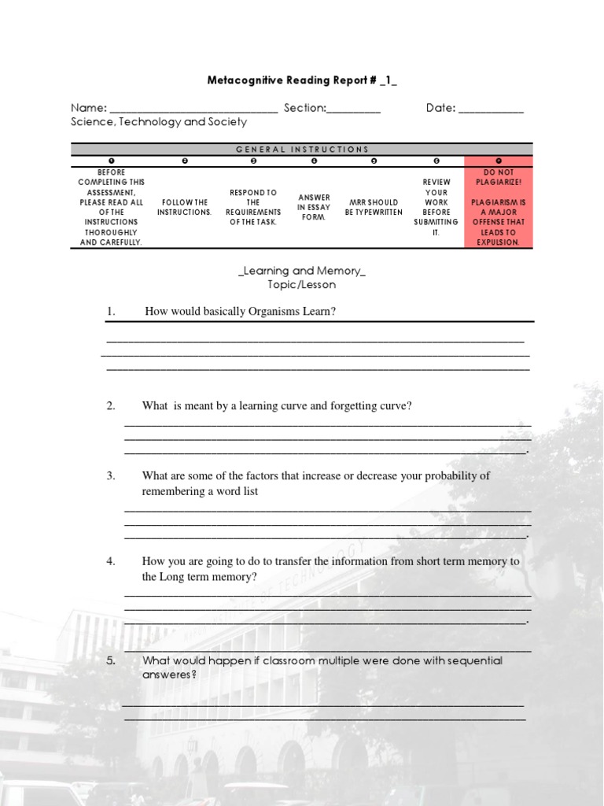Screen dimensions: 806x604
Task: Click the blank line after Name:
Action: point(193,109)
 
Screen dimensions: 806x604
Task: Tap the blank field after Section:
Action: point(353,109)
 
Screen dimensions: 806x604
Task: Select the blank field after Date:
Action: point(491,109)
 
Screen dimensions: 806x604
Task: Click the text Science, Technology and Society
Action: point(159,122)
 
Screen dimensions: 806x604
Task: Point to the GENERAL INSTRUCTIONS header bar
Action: point(302,149)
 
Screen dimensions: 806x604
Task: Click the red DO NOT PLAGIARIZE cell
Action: point(499,207)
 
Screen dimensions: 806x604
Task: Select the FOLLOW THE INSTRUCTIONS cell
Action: point(184,207)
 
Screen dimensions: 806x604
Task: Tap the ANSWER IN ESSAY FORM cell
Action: point(314,207)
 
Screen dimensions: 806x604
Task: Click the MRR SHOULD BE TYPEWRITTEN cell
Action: point(374,207)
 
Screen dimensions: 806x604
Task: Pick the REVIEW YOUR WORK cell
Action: point(436,207)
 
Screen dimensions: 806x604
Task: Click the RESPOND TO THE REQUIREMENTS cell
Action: point(253,207)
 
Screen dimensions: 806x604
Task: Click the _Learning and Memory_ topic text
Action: point(302,271)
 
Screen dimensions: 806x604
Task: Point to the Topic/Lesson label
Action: point(302,285)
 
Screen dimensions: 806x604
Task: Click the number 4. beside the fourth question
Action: point(111,561)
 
